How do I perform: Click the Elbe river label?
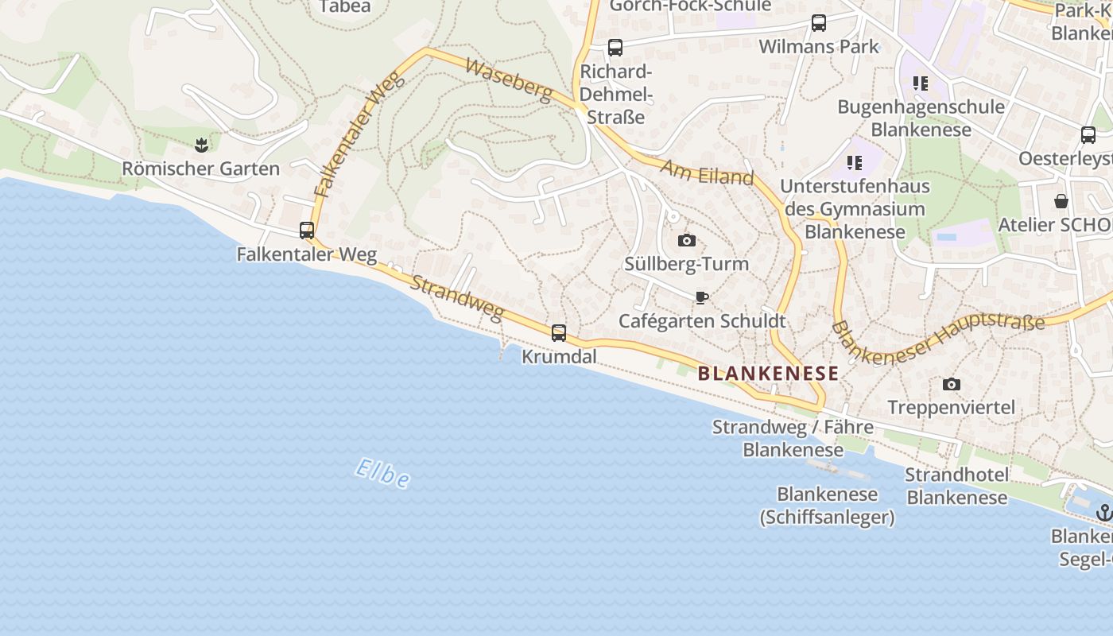[x=382, y=473]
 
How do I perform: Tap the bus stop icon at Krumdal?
[x=559, y=333]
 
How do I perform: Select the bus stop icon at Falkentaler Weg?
[x=307, y=231]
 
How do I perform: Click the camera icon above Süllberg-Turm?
[x=687, y=240]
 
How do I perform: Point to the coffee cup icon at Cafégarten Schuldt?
[x=701, y=298]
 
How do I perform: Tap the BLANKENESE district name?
[x=768, y=374]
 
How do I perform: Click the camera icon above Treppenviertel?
[x=951, y=385]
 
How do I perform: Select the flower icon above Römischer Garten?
[x=200, y=145]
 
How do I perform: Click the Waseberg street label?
[x=509, y=79]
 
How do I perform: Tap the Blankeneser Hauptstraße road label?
[x=938, y=338]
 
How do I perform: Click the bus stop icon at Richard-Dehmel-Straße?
[x=615, y=48]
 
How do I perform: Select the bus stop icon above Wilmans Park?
[x=819, y=23]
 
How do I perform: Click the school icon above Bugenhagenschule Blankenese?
[x=921, y=83]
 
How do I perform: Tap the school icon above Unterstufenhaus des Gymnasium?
[x=855, y=163]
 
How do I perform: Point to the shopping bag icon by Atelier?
[x=1061, y=200]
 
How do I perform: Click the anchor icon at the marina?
[x=1104, y=513]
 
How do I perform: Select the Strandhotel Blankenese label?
[x=957, y=486]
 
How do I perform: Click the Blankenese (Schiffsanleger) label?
[x=827, y=506]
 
